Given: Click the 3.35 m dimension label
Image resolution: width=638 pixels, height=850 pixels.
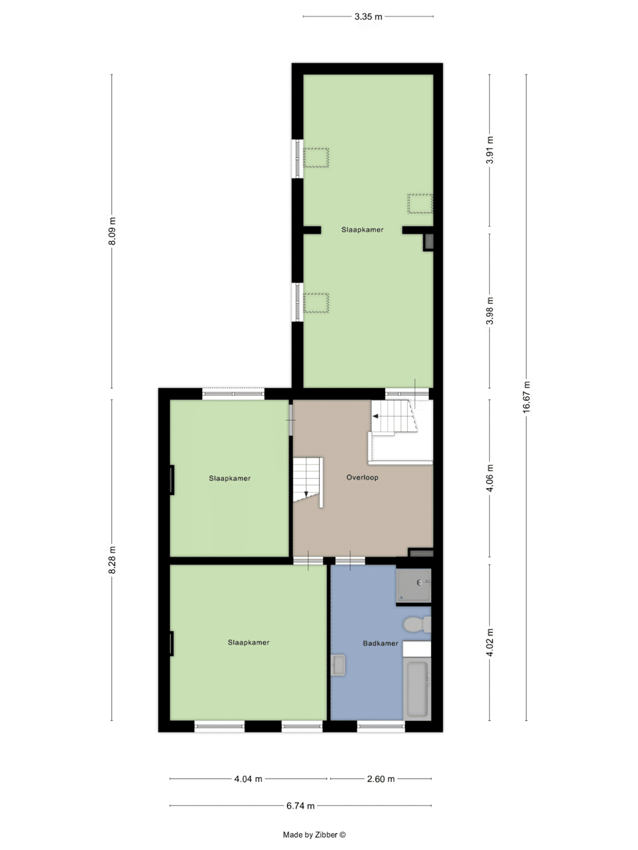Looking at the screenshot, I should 369,16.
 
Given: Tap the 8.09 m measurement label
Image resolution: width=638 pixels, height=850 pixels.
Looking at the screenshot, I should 112,232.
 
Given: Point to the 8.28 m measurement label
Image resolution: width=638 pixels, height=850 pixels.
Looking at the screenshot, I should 112,560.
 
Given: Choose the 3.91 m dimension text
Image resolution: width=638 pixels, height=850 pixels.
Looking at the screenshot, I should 489,151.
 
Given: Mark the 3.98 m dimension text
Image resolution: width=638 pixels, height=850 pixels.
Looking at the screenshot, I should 489,311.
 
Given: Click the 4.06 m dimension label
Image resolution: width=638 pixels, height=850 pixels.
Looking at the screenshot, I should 489,478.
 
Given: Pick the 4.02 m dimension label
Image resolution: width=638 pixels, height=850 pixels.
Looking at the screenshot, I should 489,642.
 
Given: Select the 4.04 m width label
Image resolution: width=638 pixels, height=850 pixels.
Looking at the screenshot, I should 248,779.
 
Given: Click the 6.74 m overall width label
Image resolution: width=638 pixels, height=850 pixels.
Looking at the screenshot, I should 301,805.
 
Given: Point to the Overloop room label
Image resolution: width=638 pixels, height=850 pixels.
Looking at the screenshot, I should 362,477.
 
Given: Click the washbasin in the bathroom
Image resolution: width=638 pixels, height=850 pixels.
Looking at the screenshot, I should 338,665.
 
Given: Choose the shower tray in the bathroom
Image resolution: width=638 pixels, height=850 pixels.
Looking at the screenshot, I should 413,584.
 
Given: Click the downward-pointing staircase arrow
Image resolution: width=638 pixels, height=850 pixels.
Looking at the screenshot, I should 306,494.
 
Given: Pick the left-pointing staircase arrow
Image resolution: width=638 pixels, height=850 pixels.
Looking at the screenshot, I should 376,416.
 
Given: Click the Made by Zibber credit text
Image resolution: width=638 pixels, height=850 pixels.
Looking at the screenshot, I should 314,835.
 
